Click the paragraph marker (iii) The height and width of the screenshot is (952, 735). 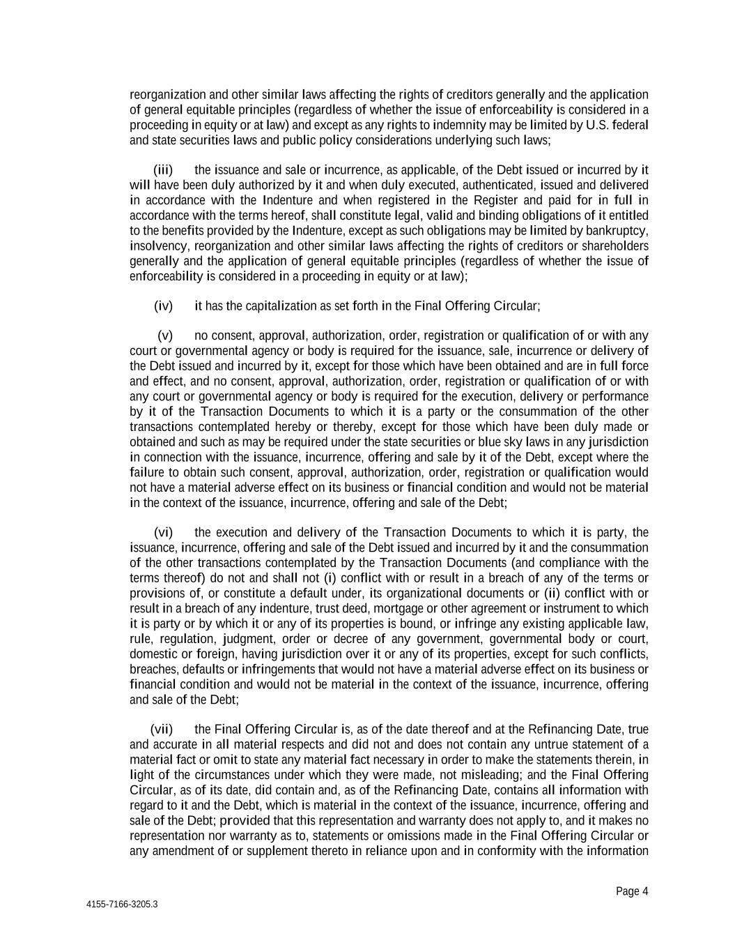tap(162, 170)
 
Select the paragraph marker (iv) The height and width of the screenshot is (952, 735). tap(162, 306)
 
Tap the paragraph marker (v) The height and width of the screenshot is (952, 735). tap(164, 336)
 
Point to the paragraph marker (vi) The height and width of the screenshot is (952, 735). tap(163, 533)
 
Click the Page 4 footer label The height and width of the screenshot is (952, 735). tap(632, 891)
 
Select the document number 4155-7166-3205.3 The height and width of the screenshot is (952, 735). tap(122, 905)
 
